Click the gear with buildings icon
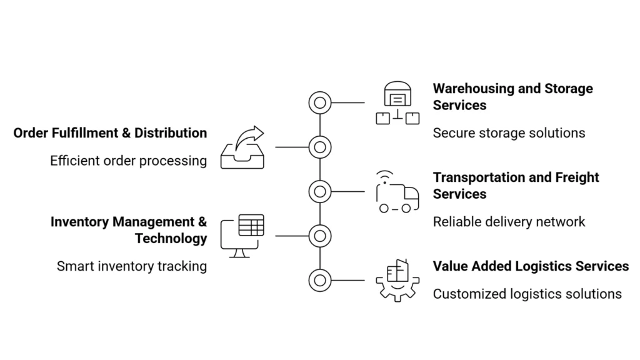(x=397, y=280)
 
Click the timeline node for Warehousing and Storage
(x=320, y=102)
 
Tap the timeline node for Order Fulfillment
(x=320, y=147)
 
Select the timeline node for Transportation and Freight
(x=320, y=191)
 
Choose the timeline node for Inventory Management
(x=320, y=236)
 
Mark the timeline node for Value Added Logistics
(x=320, y=280)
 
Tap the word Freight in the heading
(x=576, y=177)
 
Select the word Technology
(x=171, y=239)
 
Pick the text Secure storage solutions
(x=509, y=133)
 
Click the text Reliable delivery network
(x=509, y=222)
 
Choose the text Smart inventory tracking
(x=131, y=266)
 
